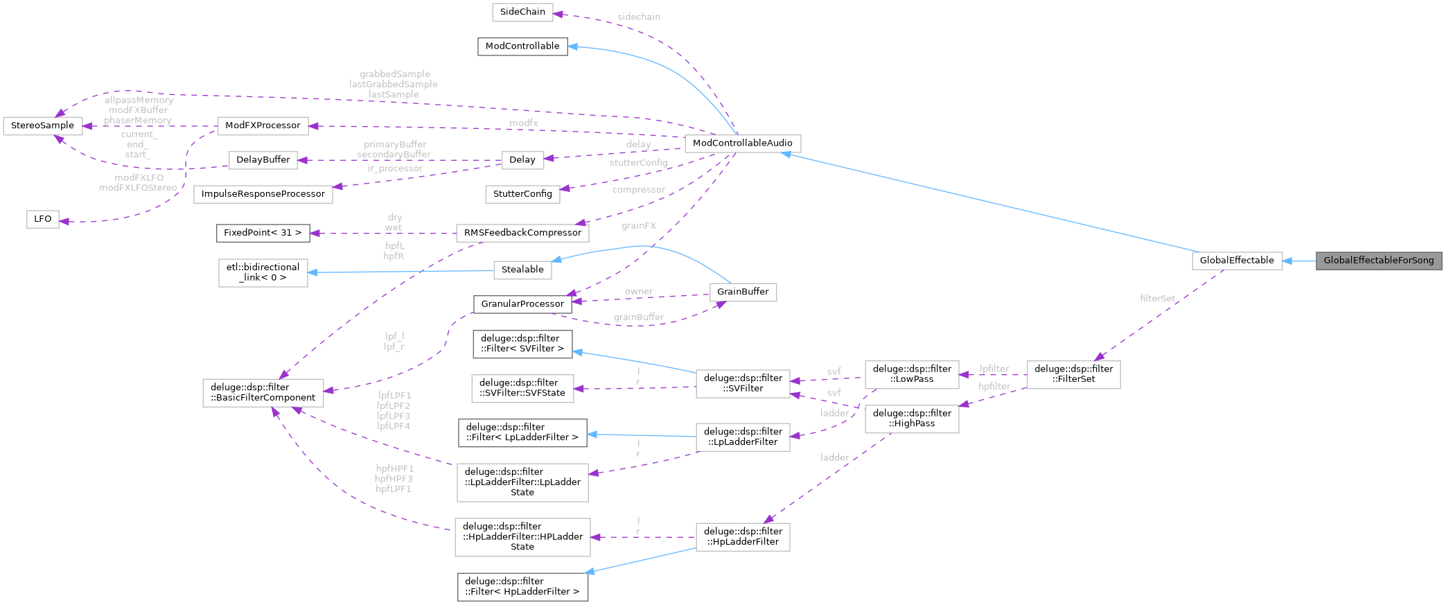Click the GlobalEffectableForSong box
click(1378, 261)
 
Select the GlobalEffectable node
click(1236, 261)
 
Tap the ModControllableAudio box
click(742, 143)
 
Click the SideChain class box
click(522, 12)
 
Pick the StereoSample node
click(42, 125)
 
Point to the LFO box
click(42, 219)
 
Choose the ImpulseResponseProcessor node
click(263, 194)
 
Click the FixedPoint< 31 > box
click(263, 233)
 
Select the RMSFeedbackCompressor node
click(522, 233)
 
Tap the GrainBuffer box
click(742, 292)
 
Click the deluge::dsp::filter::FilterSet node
click(1073, 374)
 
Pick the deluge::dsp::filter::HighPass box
click(912, 419)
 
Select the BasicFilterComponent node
click(263, 393)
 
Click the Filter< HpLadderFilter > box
click(522, 586)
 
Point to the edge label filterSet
click(1156, 299)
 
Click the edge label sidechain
click(638, 17)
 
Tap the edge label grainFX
click(638, 226)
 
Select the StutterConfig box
click(522, 194)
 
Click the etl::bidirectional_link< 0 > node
click(263, 272)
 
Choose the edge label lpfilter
click(994, 369)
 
